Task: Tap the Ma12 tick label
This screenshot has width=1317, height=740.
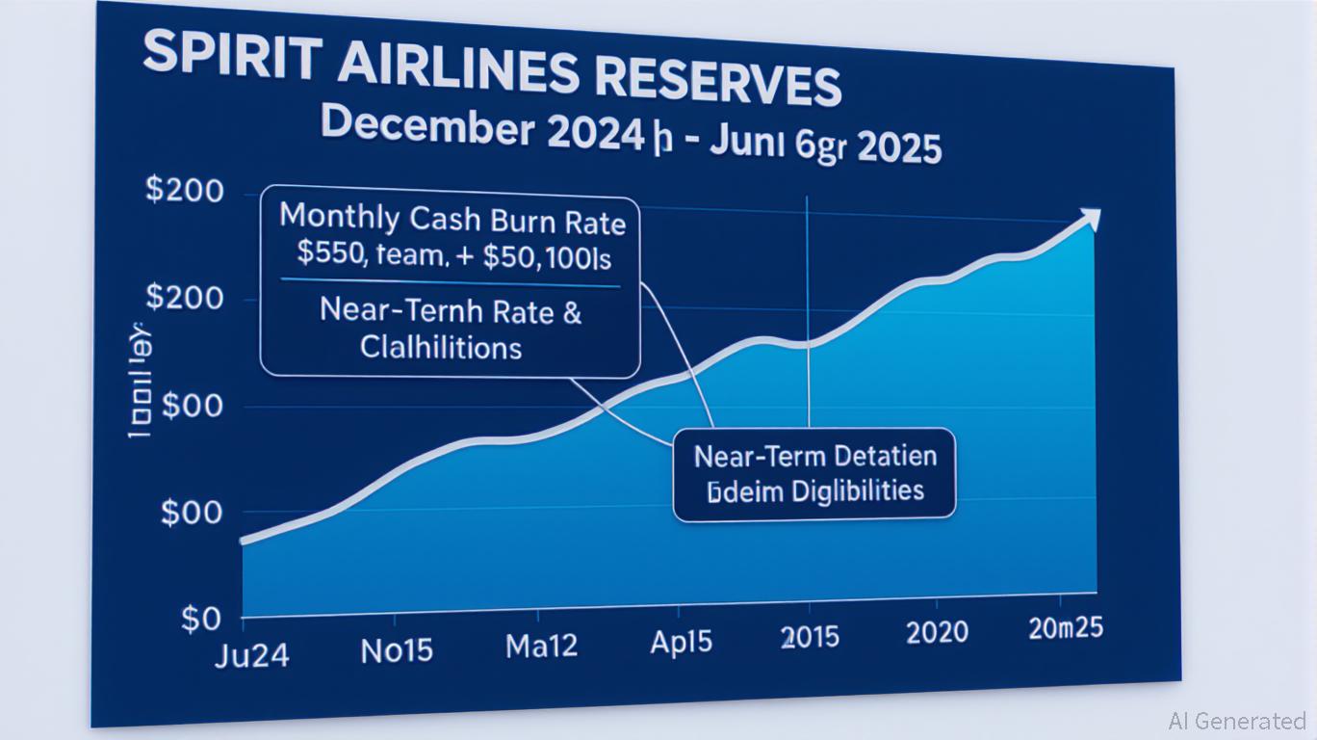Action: pyautogui.click(x=541, y=646)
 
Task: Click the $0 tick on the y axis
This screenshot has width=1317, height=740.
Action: pyautogui.click(x=200, y=619)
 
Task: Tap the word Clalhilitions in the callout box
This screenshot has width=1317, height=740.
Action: pyautogui.click(x=441, y=347)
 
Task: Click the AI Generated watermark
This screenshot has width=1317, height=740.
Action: pyautogui.click(x=1236, y=720)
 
